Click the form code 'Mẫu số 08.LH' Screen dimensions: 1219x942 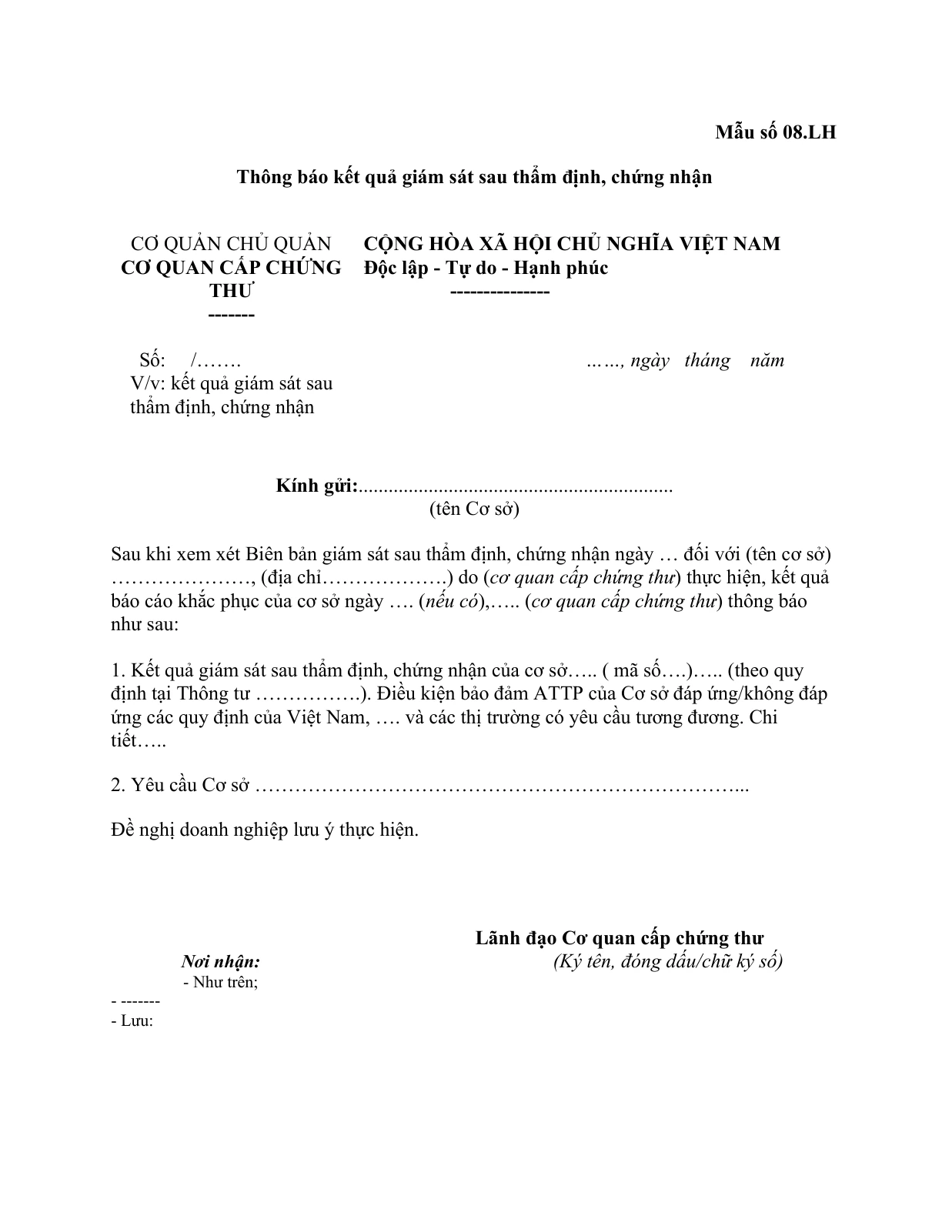pyautogui.click(x=775, y=132)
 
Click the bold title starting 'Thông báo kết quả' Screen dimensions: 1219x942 pyautogui.click(x=474, y=178)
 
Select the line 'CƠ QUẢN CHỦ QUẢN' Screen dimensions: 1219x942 pyautogui.click(x=231, y=244)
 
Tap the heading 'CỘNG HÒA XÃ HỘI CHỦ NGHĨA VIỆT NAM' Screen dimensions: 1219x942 pyautogui.click(x=572, y=244)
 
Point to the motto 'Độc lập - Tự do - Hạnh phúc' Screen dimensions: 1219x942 pyautogui.click(x=486, y=268)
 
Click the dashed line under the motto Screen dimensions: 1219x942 pyautogui.click(x=499, y=292)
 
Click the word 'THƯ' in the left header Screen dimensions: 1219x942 pyautogui.click(x=232, y=292)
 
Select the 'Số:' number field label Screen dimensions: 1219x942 pyautogui.click(x=152, y=360)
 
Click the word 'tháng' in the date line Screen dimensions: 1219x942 pyautogui.click(x=706, y=360)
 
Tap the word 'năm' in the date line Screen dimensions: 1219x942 pyautogui.click(x=767, y=360)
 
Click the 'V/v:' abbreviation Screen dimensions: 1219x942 pyautogui.click(x=148, y=383)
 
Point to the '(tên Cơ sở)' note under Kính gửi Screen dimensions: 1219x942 pyautogui.click(x=474, y=509)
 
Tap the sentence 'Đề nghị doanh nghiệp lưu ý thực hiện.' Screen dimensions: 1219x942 pyautogui.click(x=265, y=830)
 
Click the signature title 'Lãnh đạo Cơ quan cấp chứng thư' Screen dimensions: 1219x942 pyautogui.click(x=619, y=938)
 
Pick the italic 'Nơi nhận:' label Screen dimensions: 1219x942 pyautogui.click(x=221, y=962)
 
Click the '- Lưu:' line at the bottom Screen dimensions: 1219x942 pyautogui.click(x=132, y=1022)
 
